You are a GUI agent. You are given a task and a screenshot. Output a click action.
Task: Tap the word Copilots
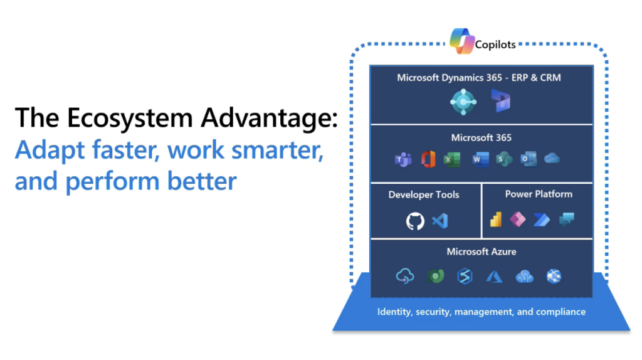(x=495, y=45)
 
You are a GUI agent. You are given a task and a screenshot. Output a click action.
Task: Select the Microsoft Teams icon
(x=401, y=160)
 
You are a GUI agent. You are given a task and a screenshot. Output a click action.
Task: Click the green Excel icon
(x=451, y=160)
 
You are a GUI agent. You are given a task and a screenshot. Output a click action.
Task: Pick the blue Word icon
(x=480, y=160)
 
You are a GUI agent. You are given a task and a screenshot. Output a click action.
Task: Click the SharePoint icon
(x=503, y=160)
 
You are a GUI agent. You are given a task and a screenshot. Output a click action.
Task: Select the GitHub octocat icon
(x=415, y=221)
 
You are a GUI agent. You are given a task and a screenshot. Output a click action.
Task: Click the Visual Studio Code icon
(x=440, y=221)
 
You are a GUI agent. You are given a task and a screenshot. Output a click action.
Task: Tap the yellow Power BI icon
(x=496, y=220)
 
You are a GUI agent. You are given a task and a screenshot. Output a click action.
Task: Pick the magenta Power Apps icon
(x=518, y=220)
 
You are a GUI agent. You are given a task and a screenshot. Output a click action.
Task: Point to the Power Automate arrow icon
(x=542, y=220)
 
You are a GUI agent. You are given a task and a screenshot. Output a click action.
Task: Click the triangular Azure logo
(x=494, y=277)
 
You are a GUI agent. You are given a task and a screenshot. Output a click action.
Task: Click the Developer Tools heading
(x=424, y=194)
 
